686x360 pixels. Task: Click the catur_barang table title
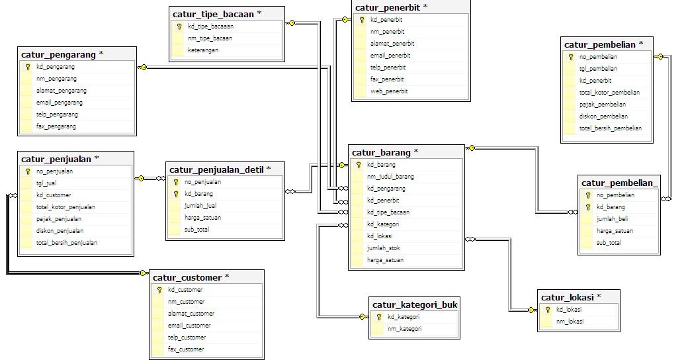coord(385,152)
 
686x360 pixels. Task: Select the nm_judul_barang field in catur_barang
coord(390,177)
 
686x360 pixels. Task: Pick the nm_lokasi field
coord(570,322)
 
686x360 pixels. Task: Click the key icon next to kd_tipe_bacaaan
coord(179,27)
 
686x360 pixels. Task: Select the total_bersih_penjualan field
coord(67,243)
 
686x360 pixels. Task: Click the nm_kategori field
coord(404,329)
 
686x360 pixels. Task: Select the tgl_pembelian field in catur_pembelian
coord(598,69)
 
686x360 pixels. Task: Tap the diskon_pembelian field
coord(603,116)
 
